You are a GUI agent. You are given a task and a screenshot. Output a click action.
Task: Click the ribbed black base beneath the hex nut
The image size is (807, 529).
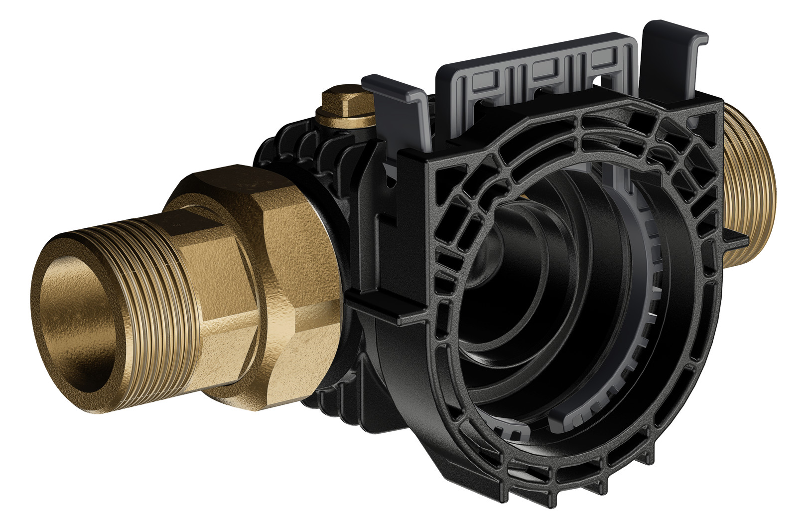click(339, 394)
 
